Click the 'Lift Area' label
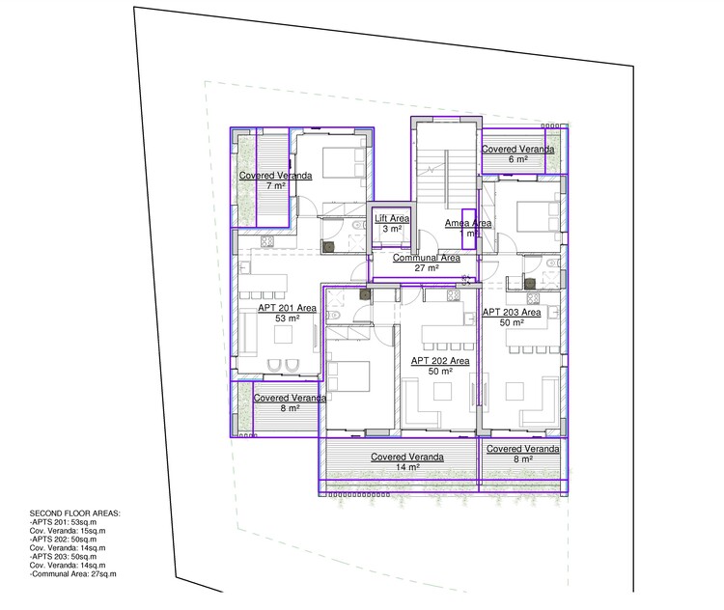[x=392, y=219]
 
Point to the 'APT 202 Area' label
[x=439, y=361]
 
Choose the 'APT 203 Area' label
[x=511, y=312]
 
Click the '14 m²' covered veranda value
[x=406, y=467]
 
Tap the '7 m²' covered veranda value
[x=275, y=185]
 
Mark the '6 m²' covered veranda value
[x=517, y=159]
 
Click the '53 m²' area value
[x=287, y=318]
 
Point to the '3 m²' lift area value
[x=392, y=230]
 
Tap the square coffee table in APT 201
[x=286, y=335]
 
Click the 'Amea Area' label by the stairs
[x=467, y=223]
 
